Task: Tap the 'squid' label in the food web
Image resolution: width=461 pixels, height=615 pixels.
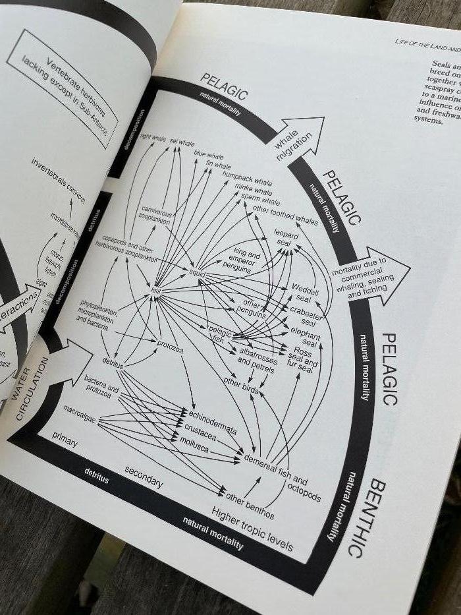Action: tap(197, 272)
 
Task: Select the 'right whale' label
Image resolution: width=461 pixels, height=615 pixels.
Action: tap(153, 138)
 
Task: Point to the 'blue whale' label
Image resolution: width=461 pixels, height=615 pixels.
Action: tap(208, 155)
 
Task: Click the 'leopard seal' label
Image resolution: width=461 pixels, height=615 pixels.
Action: tap(286, 239)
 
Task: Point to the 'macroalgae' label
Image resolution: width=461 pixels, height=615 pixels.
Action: tap(80, 411)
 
